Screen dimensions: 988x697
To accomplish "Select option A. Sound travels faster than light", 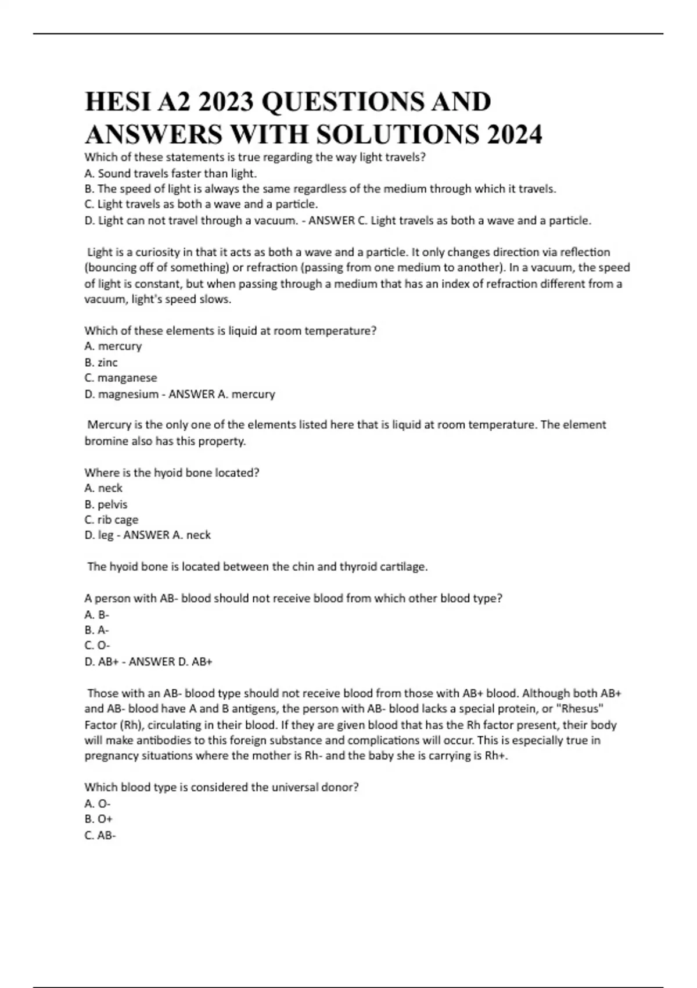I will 170,173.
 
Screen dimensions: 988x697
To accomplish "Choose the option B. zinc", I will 101,363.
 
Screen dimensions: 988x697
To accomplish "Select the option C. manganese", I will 121,378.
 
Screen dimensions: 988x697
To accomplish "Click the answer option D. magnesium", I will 121,394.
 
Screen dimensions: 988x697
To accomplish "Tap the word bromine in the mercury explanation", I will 105,441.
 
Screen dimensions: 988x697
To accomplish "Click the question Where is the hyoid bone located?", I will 172,473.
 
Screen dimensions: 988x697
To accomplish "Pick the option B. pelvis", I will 106,504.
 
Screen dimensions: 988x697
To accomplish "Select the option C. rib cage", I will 112,520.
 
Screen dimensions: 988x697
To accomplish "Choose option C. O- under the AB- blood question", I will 97,646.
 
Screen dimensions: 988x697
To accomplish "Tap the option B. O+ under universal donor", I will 99,819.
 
